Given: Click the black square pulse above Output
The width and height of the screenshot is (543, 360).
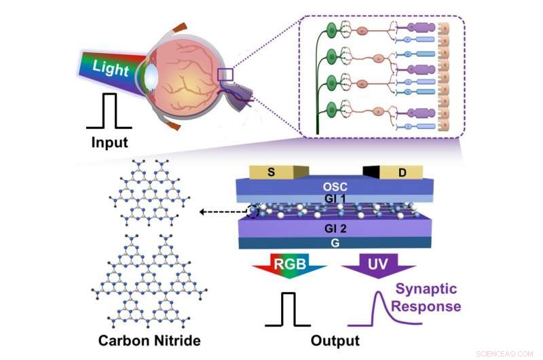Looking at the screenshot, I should [x=291, y=310].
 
